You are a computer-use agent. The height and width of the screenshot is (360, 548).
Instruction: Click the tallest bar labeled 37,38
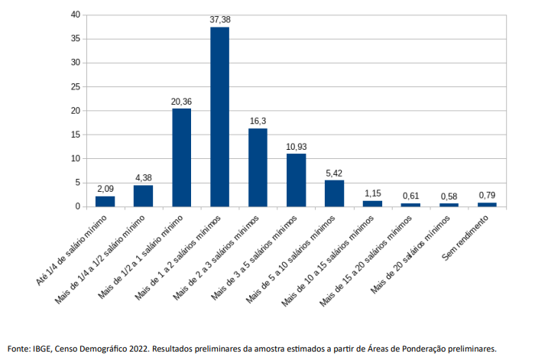point(219,116)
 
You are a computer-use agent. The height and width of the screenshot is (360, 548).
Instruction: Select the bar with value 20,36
point(181,157)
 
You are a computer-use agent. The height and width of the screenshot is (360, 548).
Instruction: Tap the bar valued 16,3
point(258,167)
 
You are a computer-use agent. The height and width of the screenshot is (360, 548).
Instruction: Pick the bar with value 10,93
point(296,180)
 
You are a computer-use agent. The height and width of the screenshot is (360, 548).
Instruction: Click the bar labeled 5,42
point(334,193)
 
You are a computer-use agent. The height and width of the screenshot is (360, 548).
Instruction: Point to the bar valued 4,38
point(143,196)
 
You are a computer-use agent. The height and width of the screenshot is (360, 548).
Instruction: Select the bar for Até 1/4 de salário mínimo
point(105,201)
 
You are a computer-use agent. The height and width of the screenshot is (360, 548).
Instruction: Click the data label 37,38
point(219,20)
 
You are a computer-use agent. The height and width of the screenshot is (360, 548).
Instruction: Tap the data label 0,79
point(487,196)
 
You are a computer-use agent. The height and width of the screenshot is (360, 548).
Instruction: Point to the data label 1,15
point(372,193)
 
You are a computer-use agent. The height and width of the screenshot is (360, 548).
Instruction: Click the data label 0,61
point(410,196)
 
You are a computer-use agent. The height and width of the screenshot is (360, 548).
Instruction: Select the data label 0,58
point(449,196)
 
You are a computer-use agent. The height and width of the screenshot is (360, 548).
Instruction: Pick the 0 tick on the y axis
point(76,206)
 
